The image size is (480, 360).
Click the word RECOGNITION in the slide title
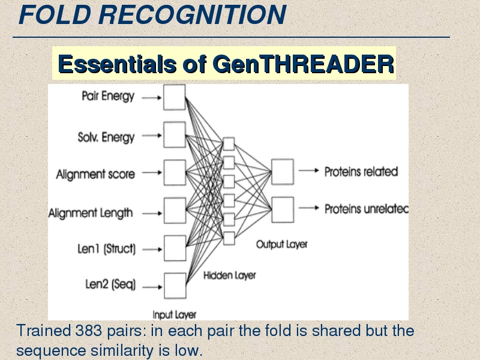(192, 14)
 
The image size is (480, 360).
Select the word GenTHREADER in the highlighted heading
(303, 64)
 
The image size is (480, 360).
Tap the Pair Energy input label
(108, 96)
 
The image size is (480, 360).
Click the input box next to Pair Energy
(175, 97)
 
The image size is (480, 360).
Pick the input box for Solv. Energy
(175, 134)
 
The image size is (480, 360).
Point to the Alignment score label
(95, 174)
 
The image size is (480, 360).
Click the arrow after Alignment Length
(152, 214)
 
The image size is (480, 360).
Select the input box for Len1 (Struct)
(175, 248)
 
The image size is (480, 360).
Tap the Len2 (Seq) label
(110, 284)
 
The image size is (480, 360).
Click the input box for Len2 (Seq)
(175, 286)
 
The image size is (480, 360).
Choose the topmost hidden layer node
(229, 144)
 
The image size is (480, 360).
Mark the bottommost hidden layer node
(229, 238)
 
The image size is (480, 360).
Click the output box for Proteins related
(283, 172)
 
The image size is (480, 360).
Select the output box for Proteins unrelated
(283, 209)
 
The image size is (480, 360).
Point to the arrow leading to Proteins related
(308, 170)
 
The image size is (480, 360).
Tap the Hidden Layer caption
(230, 275)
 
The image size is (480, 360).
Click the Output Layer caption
(281, 244)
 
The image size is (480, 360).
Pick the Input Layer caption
(175, 314)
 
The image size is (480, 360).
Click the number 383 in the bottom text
(88, 331)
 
